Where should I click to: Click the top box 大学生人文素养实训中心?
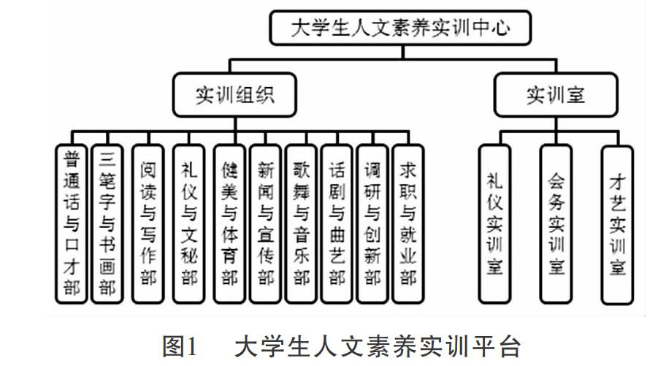click(x=400, y=28)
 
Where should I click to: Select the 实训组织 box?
click(x=234, y=94)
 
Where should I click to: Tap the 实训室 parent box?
click(x=556, y=94)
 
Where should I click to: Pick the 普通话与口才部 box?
click(x=72, y=224)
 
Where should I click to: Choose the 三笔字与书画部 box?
click(x=107, y=224)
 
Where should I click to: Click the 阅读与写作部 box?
click(x=148, y=224)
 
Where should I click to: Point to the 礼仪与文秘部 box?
click(x=189, y=224)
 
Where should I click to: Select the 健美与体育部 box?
click(x=229, y=224)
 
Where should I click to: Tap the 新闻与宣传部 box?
click(x=266, y=224)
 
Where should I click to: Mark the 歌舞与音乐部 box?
click(x=301, y=224)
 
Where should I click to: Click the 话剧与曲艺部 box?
click(x=337, y=224)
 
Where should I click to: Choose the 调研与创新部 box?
click(x=372, y=224)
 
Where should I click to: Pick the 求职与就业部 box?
click(x=408, y=224)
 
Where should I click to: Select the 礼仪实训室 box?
click(x=494, y=224)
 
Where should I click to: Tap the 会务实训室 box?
click(x=556, y=224)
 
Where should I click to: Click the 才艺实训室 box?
click(x=617, y=225)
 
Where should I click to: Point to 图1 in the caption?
click(x=180, y=346)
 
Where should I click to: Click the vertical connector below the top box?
click(x=402, y=52)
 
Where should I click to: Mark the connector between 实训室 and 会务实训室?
click(x=556, y=131)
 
